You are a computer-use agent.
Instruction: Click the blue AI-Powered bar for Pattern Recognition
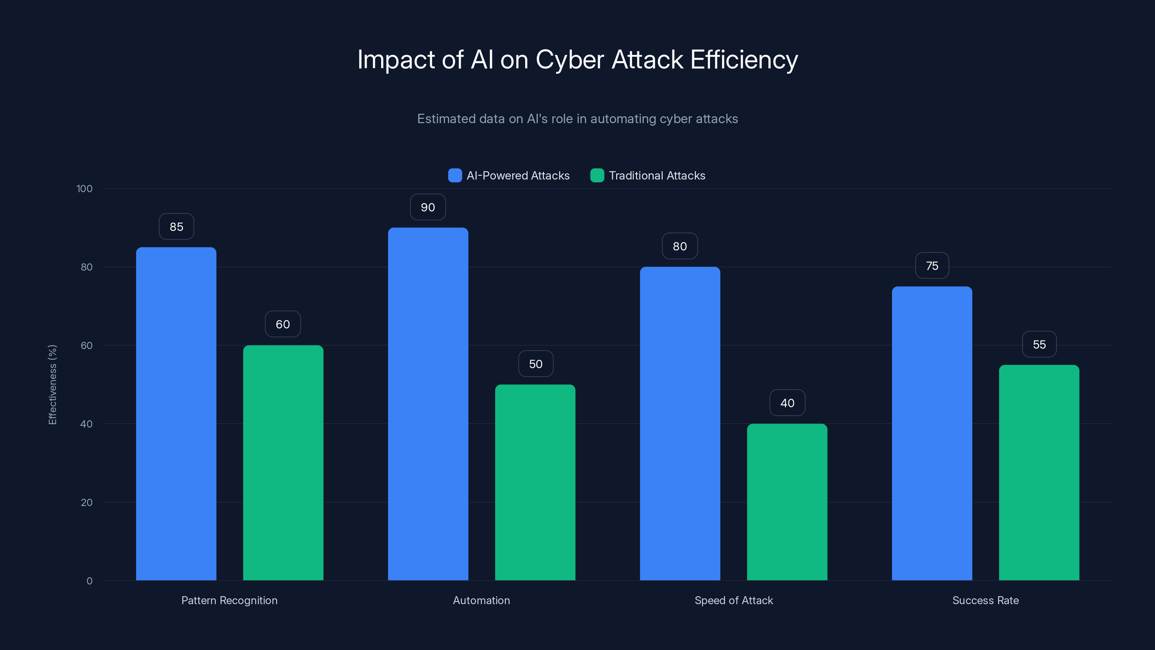click(x=176, y=413)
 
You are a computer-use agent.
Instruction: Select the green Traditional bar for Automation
click(x=535, y=482)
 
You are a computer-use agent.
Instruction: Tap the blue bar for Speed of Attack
click(x=680, y=424)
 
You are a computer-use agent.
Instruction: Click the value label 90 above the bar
click(x=428, y=207)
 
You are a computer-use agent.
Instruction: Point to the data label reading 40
click(x=787, y=403)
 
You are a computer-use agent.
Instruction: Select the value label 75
click(x=932, y=266)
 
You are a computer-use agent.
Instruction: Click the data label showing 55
click(x=1039, y=344)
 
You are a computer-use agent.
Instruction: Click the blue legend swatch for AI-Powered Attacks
click(x=455, y=175)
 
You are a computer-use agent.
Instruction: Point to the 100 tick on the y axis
click(x=84, y=189)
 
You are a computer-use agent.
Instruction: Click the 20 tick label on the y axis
click(x=87, y=502)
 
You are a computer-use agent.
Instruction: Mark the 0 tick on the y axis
click(x=89, y=581)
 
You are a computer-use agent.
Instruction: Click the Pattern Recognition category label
click(x=229, y=600)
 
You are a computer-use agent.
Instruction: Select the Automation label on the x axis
click(x=481, y=600)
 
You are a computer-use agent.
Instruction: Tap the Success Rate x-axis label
click(x=985, y=600)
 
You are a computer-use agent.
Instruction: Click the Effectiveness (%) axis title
click(x=52, y=385)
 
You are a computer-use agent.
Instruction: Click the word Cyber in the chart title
click(x=570, y=60)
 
